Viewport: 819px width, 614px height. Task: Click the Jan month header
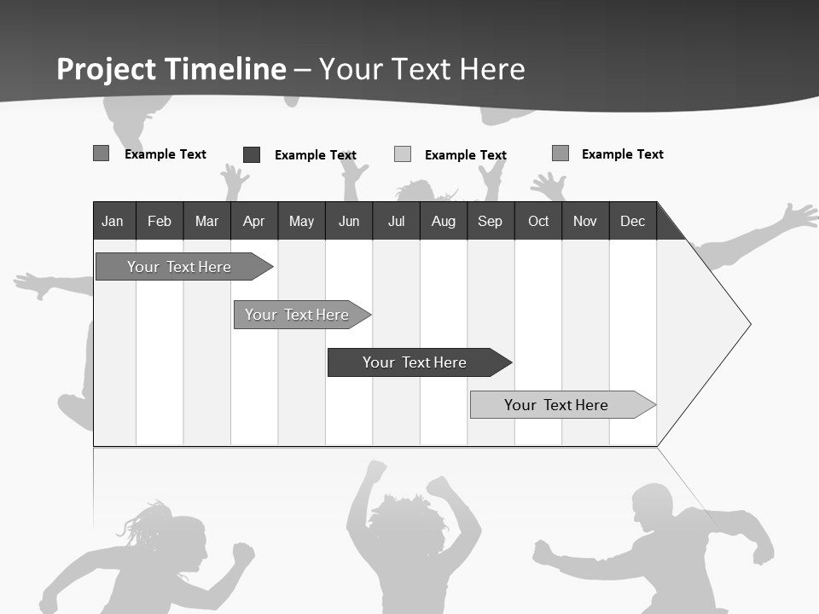(x=113, y=221)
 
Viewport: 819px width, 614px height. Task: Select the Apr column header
(x=254, y=221)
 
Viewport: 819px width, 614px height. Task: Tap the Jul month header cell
(x=396, y=221)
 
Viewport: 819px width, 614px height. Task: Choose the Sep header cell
(x=491, y=221)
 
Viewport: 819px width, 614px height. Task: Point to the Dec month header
(x=632, y=221)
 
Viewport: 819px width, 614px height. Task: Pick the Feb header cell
(x=160, y=221)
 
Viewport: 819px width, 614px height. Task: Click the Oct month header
(x=538, y=221)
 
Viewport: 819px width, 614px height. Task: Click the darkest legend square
(x=252, y=154)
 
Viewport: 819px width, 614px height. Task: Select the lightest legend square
(x=403, y=154)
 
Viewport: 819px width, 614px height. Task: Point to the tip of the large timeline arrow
(x=749, y=323)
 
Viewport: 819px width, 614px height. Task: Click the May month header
(x=301, y=221)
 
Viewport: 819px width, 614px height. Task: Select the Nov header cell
(x=585, y=221)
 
